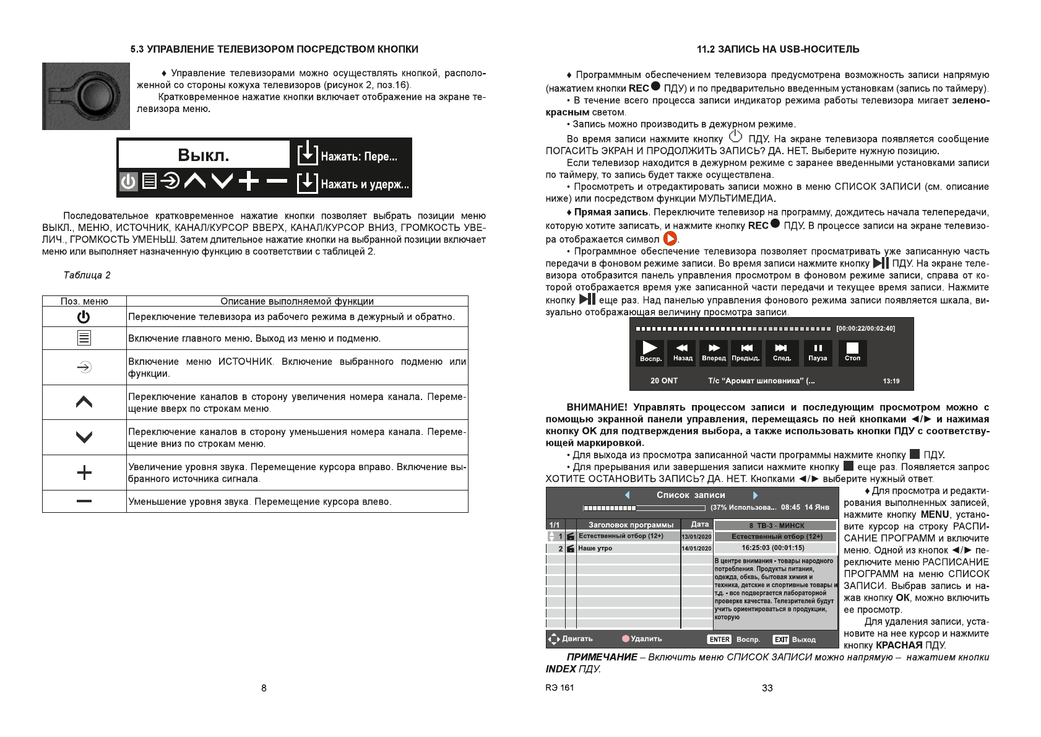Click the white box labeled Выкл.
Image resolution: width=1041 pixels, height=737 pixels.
click(x=204, y=154)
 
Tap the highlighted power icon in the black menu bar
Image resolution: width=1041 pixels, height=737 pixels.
click(x=128, y=181)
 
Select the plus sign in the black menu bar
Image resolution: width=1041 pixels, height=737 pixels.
click(x=249, y=181)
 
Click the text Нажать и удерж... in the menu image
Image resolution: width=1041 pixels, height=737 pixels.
click(x=365, y=184)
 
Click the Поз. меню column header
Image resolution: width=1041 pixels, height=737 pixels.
click(x=84, y=302)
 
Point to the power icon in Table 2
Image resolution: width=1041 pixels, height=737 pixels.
click(x=84, y=317)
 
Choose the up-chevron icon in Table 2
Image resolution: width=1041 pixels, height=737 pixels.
click(x=84, y=402)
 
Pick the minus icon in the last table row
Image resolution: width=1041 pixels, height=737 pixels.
click(x=84, y=501)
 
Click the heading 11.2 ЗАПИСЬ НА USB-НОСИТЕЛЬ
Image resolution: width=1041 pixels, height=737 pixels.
click(x=778, y=49)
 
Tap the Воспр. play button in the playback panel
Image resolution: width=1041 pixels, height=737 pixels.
click(x=650, y=352)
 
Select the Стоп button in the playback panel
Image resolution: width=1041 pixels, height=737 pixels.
click(x=852, y=352)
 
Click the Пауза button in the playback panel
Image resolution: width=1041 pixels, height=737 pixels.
click(x=818, y=352)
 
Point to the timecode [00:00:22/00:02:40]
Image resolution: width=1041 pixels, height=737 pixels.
click(x=865, y=328)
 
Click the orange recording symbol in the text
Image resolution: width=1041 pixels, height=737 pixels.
click(x=670, y=238)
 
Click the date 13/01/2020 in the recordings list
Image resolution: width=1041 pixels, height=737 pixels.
click(x=696, y=537)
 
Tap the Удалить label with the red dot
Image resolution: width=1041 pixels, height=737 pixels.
click(x=642, y=639)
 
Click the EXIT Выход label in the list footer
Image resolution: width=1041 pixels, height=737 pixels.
click(x=795, y=639)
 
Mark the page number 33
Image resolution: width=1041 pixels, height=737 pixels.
click(x=767, y=688)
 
